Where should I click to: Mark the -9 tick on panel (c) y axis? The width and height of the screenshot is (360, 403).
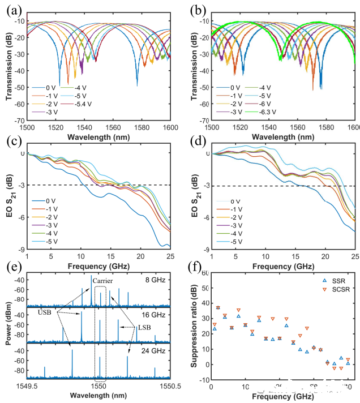(x=21, y=249)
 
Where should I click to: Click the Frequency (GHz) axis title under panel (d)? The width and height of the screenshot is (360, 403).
(x=282, y=264)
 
